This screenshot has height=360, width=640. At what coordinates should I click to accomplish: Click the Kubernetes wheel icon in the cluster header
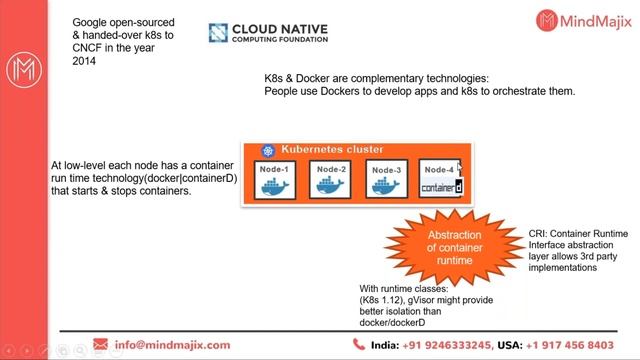(x=267, y=151)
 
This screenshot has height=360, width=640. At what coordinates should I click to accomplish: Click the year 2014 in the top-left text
(x=85, y=60)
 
